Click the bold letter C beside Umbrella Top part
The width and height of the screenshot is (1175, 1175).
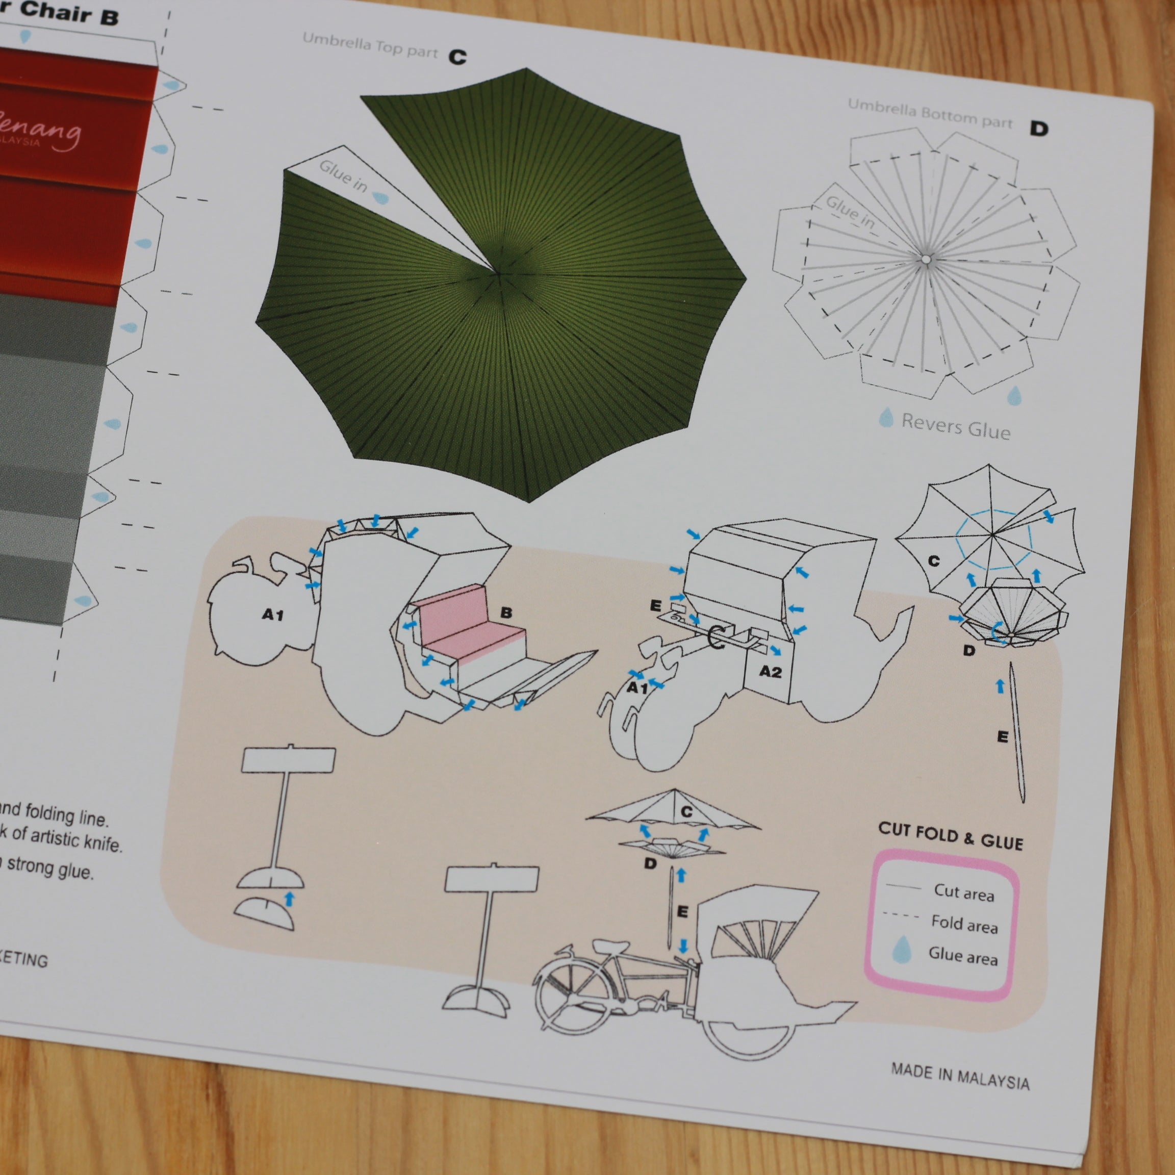457,57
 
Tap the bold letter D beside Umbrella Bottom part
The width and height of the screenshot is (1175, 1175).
1039,129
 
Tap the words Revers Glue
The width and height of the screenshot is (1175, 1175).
955,426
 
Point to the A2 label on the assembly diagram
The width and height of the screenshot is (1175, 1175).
770,672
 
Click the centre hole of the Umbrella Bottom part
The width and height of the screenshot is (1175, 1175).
925,260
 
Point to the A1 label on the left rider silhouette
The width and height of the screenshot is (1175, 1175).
273,616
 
